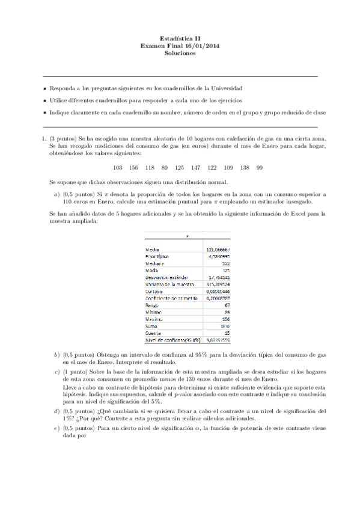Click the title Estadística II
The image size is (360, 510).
[180, 37]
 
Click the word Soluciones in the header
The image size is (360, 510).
[180, 53]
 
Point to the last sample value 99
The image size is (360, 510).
[260, 167]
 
